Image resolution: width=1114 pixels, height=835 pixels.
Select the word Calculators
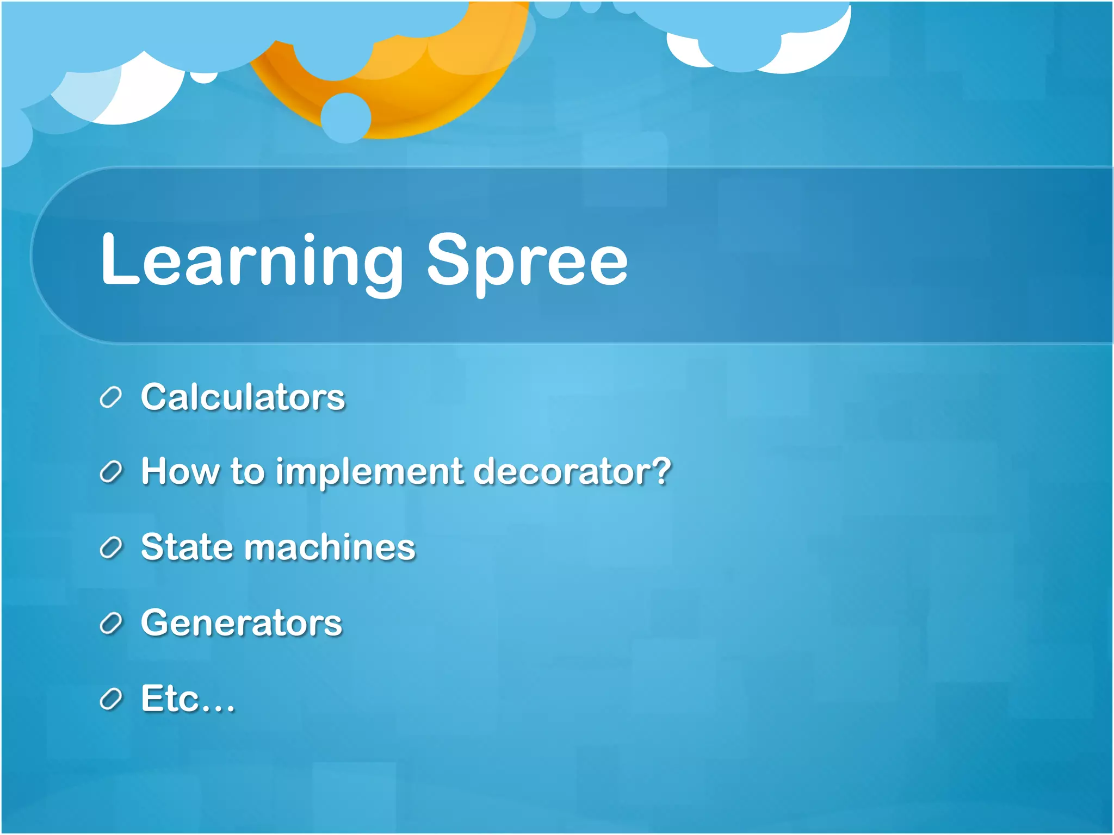point(243,397)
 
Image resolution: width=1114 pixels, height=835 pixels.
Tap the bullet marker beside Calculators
point(111,397)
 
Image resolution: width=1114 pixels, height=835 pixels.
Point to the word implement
point(369,472)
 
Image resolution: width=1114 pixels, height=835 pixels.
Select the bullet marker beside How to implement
point(111,472)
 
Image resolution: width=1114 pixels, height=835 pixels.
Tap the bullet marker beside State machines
point(111,547)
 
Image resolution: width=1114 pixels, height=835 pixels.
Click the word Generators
point(242,622)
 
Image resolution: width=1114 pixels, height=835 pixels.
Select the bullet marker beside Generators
point(111,623)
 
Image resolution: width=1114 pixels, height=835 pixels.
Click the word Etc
point(170,698)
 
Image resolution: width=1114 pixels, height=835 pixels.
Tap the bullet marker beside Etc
point(111,699)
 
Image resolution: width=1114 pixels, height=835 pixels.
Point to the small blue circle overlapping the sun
point(346,117)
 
